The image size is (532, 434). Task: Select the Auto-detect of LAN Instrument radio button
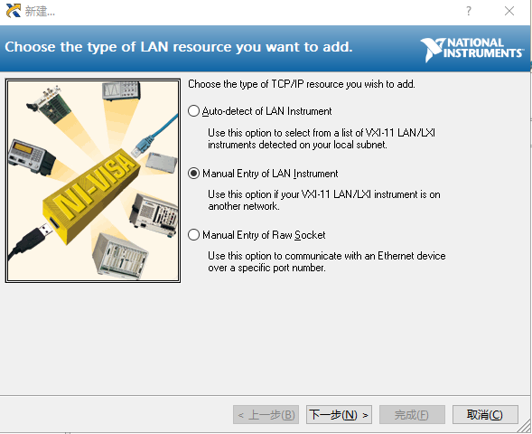pos(193,111)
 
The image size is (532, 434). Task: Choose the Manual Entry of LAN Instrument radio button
pos(193,174)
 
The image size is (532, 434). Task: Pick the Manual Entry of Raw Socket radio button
pos(193,235)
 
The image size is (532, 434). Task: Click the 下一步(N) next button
pos(339,415)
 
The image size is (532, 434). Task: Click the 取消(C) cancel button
pos(485,415)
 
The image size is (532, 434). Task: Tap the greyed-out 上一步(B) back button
pos(266,415)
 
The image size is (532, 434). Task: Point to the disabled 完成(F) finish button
pos(412,415)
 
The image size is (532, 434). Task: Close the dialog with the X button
pos(509,11)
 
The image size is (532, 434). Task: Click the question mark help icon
pos(469,11)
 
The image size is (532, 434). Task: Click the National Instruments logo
pos(472,49)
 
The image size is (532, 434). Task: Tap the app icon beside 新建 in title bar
pos(14,11)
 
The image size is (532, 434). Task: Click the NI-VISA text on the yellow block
pos(92,186)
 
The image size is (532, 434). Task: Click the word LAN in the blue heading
pos(154,47)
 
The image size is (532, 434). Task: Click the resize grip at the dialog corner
pos(526,427)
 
